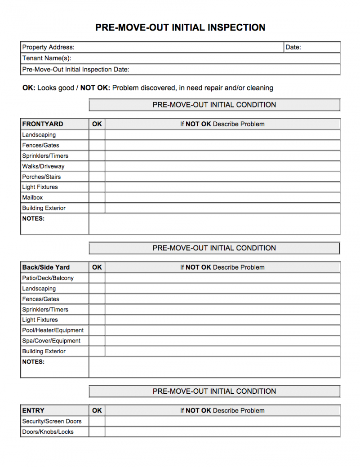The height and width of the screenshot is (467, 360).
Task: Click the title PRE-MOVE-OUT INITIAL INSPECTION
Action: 180,27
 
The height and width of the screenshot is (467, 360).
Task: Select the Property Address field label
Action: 49,47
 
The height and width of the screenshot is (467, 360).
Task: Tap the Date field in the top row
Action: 312,47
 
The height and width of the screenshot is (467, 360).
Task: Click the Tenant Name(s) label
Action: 47,58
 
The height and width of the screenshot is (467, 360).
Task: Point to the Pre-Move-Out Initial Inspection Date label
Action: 76,69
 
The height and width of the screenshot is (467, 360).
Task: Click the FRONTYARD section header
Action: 43,124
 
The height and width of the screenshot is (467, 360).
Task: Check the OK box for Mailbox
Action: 97,198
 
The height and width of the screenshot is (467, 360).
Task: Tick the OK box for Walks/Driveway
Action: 97,166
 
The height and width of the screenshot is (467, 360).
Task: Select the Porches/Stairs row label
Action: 41,177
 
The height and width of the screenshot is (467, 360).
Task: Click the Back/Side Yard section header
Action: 46,267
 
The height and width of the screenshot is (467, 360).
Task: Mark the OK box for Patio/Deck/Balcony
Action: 97,278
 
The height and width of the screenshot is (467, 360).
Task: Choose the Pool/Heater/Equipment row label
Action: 53,330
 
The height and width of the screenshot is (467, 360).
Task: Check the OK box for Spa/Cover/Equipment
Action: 97,341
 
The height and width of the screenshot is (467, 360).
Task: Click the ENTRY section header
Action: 33,410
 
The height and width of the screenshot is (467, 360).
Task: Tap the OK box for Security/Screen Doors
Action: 97,421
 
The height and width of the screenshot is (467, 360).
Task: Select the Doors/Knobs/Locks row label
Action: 48,432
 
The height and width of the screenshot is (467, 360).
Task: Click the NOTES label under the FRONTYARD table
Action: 33,219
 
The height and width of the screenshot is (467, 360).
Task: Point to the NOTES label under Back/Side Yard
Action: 33,362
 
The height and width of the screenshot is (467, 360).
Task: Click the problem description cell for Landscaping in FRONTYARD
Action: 222,135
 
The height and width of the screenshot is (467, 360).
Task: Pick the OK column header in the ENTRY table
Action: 97,410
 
